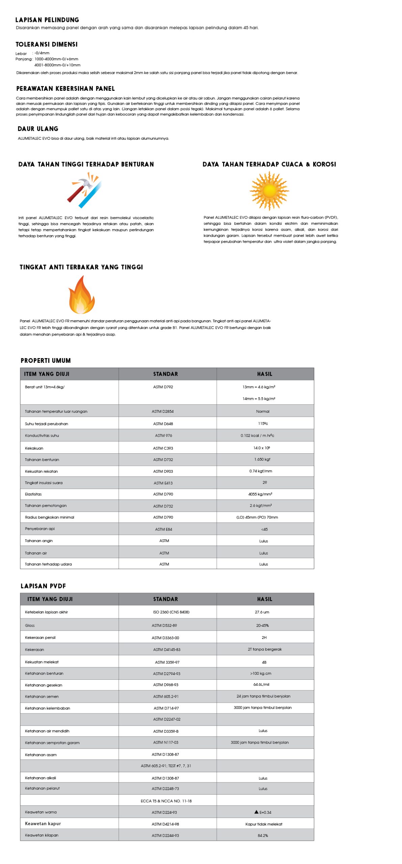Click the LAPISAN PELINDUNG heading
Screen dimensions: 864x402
tap(47, 20)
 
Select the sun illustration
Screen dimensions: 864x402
tap(269, 191)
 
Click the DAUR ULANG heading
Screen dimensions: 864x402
tap(38, 129)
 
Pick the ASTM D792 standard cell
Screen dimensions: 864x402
tap(163, 387)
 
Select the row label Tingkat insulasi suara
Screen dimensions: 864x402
tap(44, 483)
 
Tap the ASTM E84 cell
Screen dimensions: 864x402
tap(163, 529)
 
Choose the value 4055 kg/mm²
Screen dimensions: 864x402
tap(260, 494)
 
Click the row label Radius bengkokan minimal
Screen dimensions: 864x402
tap(49, 517)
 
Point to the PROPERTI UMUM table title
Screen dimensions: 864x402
tap(46, 360)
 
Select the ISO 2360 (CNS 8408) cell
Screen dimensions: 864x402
tap(171, 612)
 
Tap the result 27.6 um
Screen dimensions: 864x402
tap(262, 612)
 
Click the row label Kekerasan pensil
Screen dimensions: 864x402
tap(40, 638)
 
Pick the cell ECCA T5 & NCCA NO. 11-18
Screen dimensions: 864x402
tap(166, 801)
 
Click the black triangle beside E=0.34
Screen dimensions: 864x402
tap(257, 812)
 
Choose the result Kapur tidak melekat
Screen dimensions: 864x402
tap(264, 824)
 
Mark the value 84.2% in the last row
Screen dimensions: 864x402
tap(263, 835)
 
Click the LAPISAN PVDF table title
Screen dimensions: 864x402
tap(43, 586)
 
